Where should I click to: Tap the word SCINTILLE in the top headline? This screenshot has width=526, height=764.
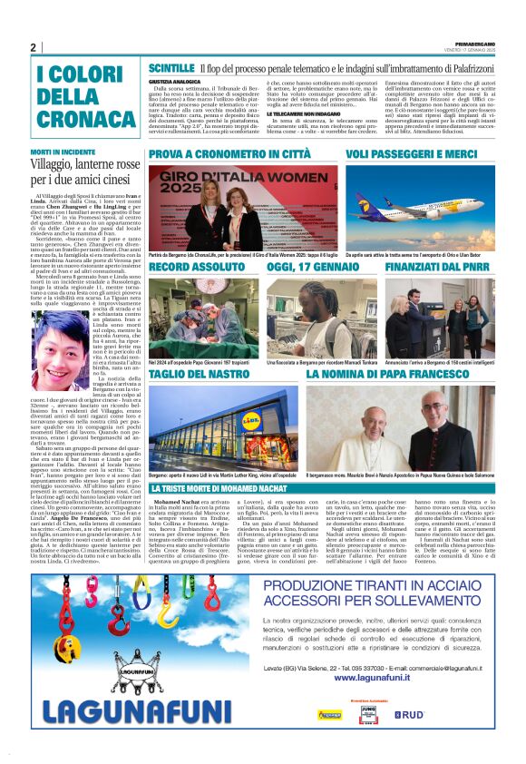(171, 68)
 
